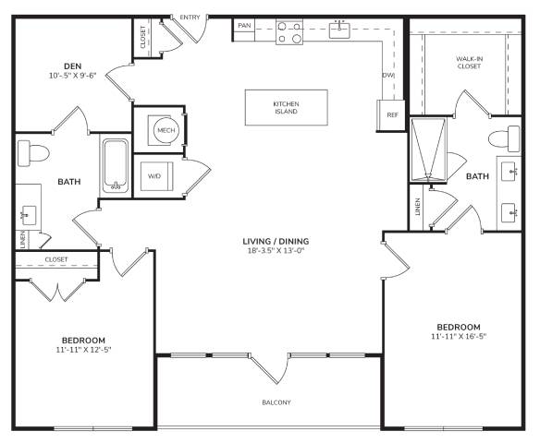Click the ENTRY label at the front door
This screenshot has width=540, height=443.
(x=190, y=18)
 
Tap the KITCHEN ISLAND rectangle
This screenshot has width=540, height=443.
(x=287, y=108)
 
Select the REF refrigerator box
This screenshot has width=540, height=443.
(x=391, y=115)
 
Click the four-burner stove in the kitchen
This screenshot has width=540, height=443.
(x=289, y=32)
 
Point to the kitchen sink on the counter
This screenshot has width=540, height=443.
(x=339, y=30)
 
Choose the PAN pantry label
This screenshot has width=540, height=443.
(x=244, y=26)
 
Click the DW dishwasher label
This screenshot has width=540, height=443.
(x=388, y=76)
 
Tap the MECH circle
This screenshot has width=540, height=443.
(x=166, y=130)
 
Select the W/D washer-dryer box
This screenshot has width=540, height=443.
(x=156, y=176)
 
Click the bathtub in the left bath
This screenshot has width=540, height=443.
(x=116, y=165)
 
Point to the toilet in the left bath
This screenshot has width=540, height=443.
(x=33, y=153)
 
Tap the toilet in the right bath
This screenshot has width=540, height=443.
(x=504, y=138)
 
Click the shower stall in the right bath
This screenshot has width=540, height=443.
(x=428, y=150)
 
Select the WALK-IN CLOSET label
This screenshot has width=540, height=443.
(x=469, y=62)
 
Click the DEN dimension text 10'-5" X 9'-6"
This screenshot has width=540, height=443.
(x=72, y=76)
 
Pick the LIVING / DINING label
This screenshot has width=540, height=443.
(x=276, y=241)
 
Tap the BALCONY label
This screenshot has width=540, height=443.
(x=276, y=402)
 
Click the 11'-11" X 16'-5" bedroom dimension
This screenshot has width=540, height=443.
(x=459, y=337)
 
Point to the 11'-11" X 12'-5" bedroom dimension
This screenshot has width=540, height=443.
(x=83, y=350)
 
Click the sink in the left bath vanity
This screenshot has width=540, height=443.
(x=29, y=215)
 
